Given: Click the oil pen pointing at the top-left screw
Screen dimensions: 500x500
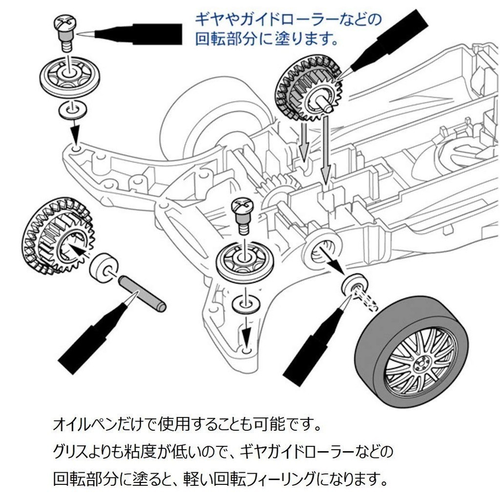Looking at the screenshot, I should click(x=137, y=34).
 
